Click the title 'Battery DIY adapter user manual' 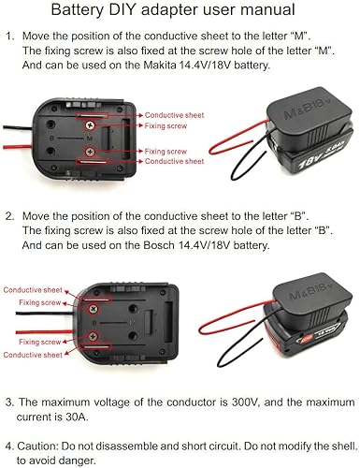pos(180,12)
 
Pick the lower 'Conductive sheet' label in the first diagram pos(168,160)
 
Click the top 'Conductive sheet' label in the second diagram pos(31,291)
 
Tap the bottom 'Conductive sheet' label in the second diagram pos(31,355)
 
